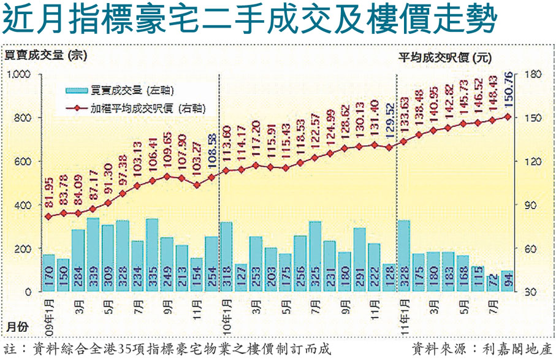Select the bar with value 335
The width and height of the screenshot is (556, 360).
[x=152, y=256]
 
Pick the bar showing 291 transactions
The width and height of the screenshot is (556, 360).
[x=360, y=260]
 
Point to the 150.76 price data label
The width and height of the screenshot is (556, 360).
[x=508, y=90]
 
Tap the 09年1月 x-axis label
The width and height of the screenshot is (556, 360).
[x=49, y=311]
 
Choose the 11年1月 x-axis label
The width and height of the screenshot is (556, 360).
[x=403, y=311]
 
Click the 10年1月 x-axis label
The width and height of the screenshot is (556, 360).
[x=226, y=311]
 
